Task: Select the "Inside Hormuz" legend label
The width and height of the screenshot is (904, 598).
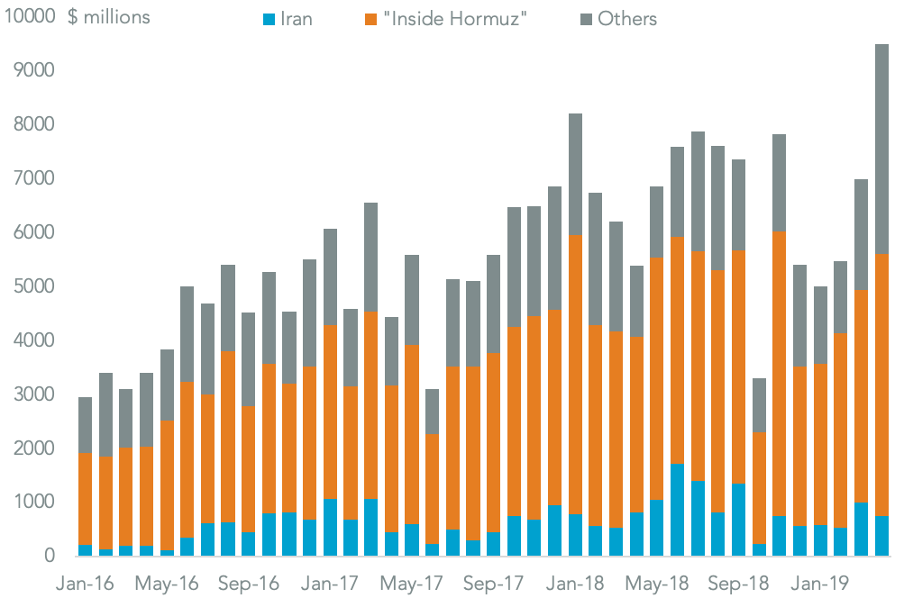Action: [455, 18]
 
